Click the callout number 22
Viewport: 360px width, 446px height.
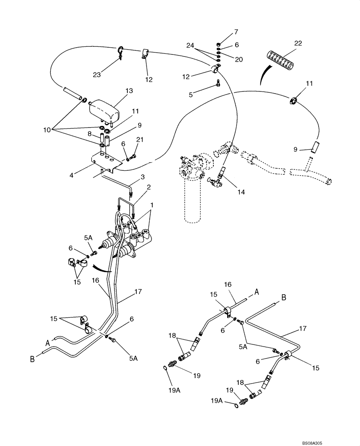click(298, 43)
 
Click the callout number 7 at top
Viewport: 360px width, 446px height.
click(236, 32)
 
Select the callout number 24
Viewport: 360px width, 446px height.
click(191, 45)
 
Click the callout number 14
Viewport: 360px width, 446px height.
click(241, 192)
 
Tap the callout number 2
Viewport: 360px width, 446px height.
click(148, 186)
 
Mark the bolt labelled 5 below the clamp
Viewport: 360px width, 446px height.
click(217, 83)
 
